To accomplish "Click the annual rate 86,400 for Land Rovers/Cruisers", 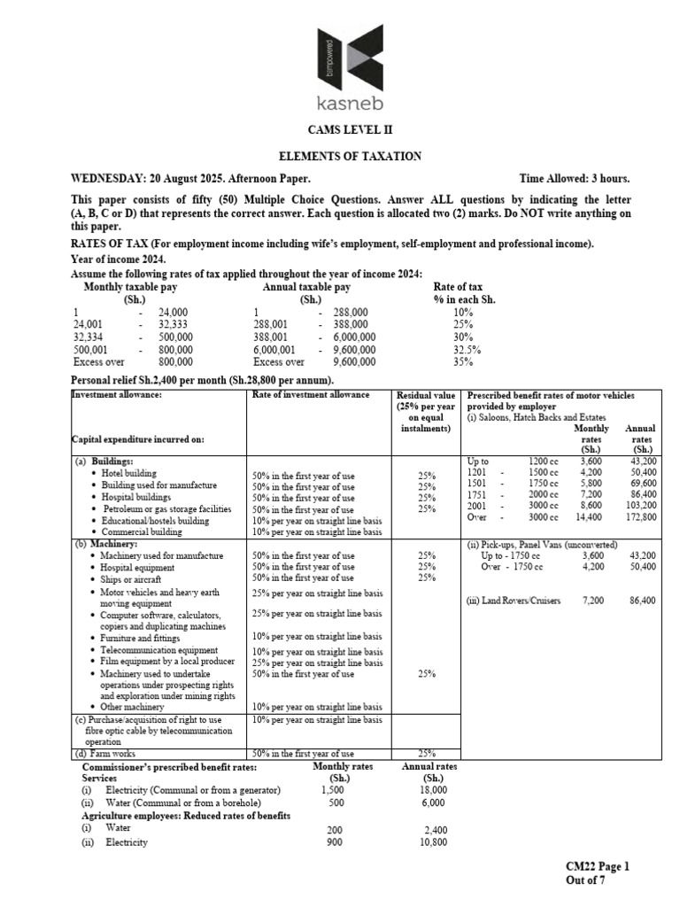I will point(641,600).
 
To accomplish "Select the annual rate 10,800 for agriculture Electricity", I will point(429,841).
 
